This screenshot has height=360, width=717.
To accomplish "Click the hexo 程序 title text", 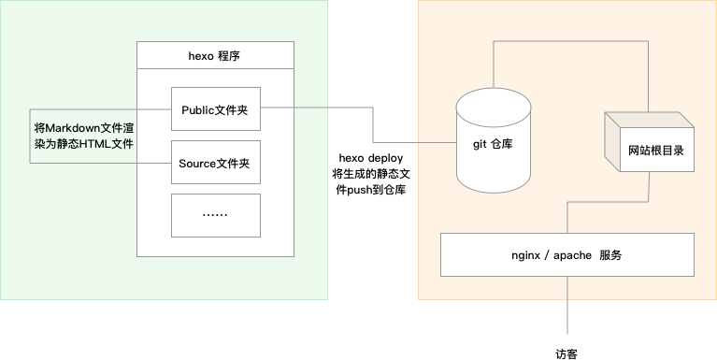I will (x=215, y=56).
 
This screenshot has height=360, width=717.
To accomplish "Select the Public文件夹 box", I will (x=215, y=109).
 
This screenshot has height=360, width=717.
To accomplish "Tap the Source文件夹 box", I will (x=215, y=164).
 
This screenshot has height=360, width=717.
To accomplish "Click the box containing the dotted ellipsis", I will (x=215, y=215).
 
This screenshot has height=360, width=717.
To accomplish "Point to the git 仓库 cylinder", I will (x=495, y=145).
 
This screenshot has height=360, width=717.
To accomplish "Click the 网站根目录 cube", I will (x=649, y=145).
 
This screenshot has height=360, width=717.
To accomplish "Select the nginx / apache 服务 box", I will (x=566, y=254).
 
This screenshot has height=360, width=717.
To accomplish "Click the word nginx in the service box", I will (x=529, y=254).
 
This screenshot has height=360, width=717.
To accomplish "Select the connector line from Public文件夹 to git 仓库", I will (x=374, y=126).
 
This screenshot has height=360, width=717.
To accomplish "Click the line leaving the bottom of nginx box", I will (x=566, y=304).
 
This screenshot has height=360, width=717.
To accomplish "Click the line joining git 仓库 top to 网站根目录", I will (x=570, y=40).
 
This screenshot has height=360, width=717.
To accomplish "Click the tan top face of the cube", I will (x=649, y=120).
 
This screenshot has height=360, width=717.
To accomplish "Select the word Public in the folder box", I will (x=197, y=109).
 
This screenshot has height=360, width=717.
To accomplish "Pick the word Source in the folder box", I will (x=196, y=164).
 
